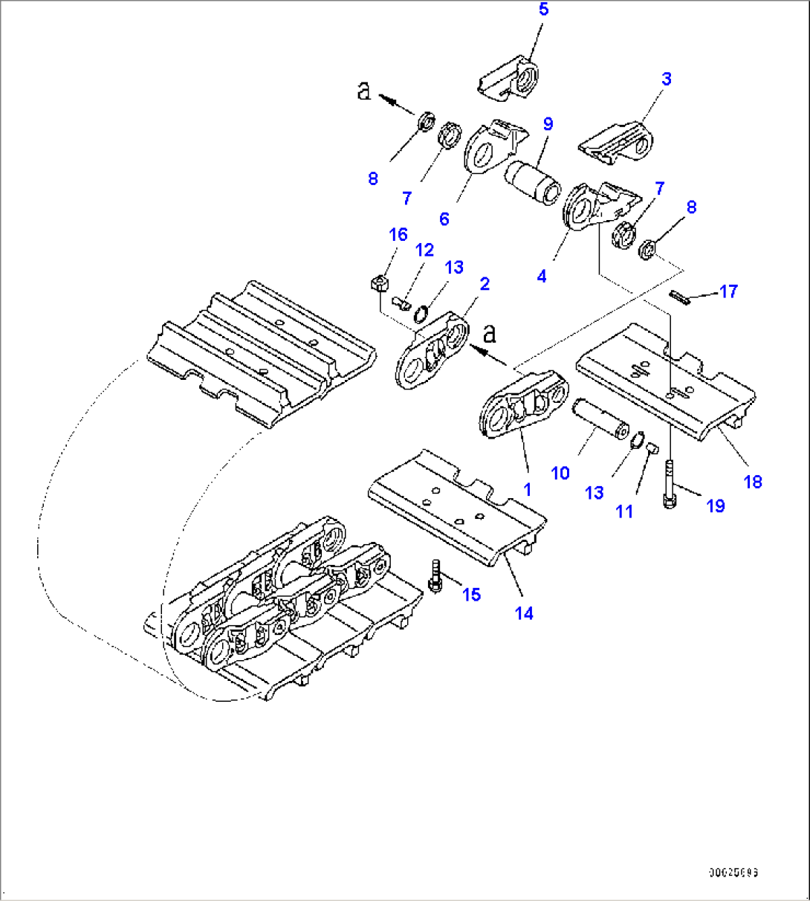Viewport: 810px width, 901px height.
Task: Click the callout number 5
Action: [x=543, y=10]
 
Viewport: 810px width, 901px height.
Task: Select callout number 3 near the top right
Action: [x=667, y=79]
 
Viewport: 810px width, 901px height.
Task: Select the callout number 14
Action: [x=525, y=613]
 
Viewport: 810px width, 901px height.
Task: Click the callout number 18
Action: [x=753, y=482]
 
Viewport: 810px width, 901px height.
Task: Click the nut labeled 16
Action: [x=378, y=283]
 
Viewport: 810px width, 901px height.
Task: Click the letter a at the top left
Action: [x=363, y=91]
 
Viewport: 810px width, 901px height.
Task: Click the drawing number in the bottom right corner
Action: [x=733, y=873]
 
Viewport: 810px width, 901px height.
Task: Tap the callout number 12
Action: [x=424, y=250]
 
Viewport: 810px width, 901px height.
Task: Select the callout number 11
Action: [x=624, y=511]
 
